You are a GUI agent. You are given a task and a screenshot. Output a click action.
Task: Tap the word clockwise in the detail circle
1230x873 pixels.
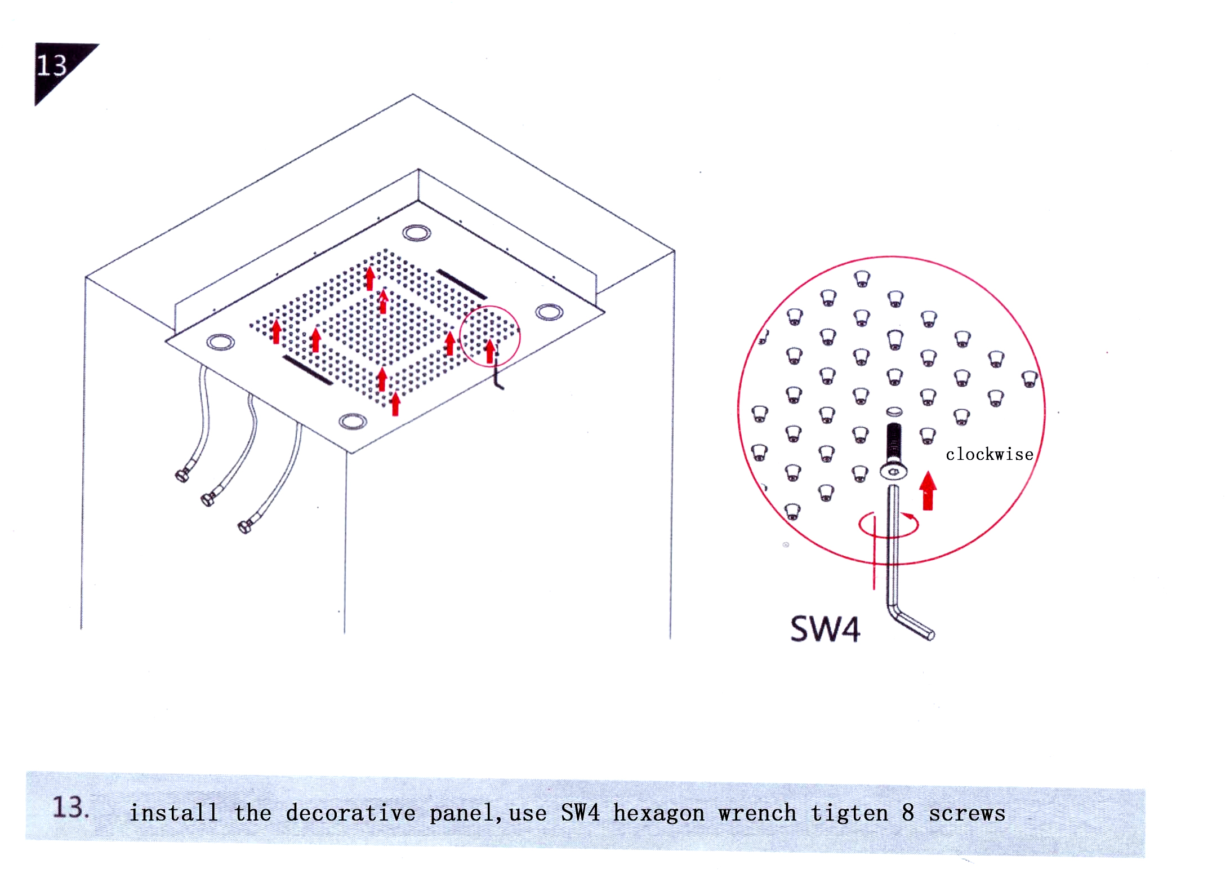[x=990, y=454]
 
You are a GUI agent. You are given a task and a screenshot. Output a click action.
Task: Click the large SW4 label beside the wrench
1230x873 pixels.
[x=825, y=629]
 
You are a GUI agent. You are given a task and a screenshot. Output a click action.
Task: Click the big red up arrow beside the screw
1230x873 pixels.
[x=928, y=490]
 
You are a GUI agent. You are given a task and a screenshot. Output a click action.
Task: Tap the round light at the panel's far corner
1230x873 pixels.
[x=417, y=232]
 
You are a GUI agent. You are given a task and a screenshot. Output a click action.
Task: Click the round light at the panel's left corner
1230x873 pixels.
[x=220, y=342]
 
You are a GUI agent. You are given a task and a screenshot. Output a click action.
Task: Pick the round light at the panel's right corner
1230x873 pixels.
[x=549, y=312]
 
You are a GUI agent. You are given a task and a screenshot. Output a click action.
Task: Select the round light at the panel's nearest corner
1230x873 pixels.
[x=353, y=421]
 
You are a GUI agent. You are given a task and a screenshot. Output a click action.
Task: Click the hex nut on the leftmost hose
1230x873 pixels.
[x=182, y=475]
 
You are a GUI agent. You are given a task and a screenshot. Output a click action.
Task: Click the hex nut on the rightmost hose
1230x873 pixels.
[x=245, y=526]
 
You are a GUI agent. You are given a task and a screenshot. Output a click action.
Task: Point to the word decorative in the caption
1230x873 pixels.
[x=350, y=813]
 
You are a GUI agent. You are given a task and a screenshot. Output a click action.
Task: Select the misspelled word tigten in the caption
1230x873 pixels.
[x=849, y=813]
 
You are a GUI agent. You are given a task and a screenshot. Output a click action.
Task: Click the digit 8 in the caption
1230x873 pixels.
[x=908, y=813]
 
